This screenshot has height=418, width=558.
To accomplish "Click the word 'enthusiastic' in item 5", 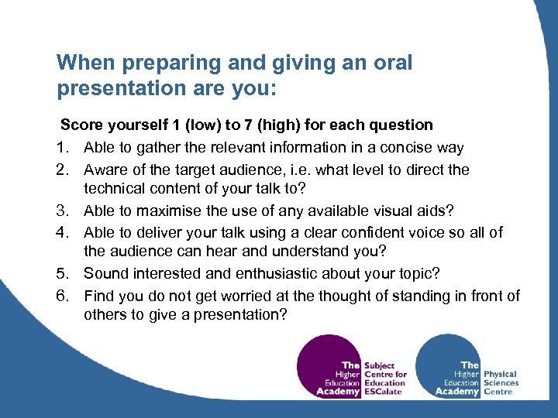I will (x=301, y=273).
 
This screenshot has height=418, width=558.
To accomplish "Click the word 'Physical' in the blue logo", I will (x=500, y=374).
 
